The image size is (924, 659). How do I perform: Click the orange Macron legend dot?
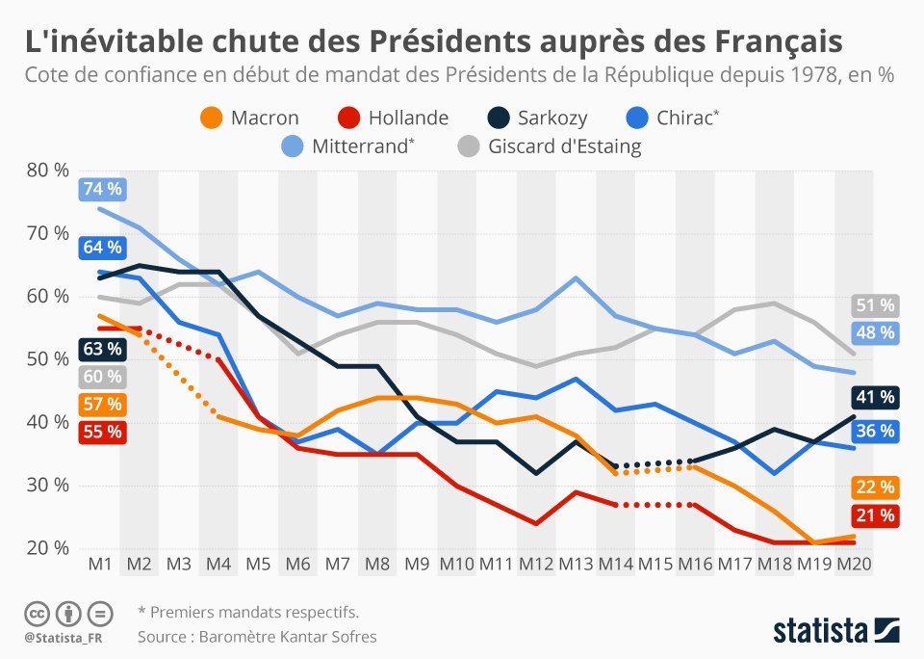(212, 119)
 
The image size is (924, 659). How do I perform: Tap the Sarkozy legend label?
(552, 119)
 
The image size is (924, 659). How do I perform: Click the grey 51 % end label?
(875, 306)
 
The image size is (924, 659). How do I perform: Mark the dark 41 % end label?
(875, 396)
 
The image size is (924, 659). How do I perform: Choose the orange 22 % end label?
(875, 487)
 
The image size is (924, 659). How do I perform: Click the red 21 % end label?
(875, 515)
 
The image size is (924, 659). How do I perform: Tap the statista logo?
(836, 631)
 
